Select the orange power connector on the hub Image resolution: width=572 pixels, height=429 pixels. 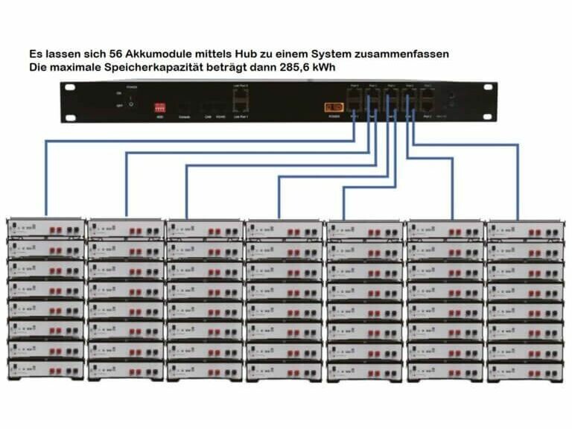point(333,107)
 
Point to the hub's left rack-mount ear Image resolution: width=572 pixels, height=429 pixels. point(70,101)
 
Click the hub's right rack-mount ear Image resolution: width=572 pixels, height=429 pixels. point(489,101)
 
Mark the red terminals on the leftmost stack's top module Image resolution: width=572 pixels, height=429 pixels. point(56,230)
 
